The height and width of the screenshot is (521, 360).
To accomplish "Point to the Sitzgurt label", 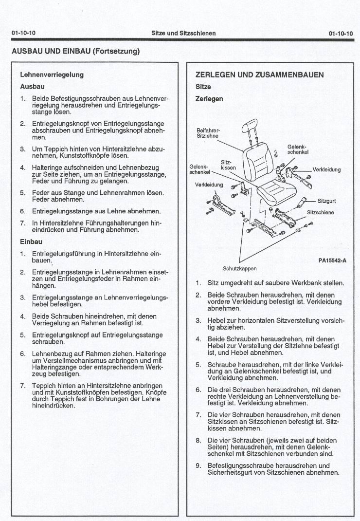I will coord(326,201).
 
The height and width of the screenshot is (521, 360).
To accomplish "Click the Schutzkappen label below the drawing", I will coord(239,268).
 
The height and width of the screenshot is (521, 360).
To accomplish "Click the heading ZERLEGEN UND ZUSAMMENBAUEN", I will coord(259,75).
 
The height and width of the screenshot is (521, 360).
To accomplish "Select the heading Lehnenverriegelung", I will coord(52,75).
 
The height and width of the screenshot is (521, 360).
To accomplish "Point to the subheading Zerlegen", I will coord(209,99).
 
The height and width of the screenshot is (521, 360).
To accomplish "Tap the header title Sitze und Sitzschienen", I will coord(183,33).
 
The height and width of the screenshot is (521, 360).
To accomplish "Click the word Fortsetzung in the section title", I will coord(114,51).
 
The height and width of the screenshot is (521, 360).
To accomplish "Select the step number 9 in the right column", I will coord(198,465).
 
